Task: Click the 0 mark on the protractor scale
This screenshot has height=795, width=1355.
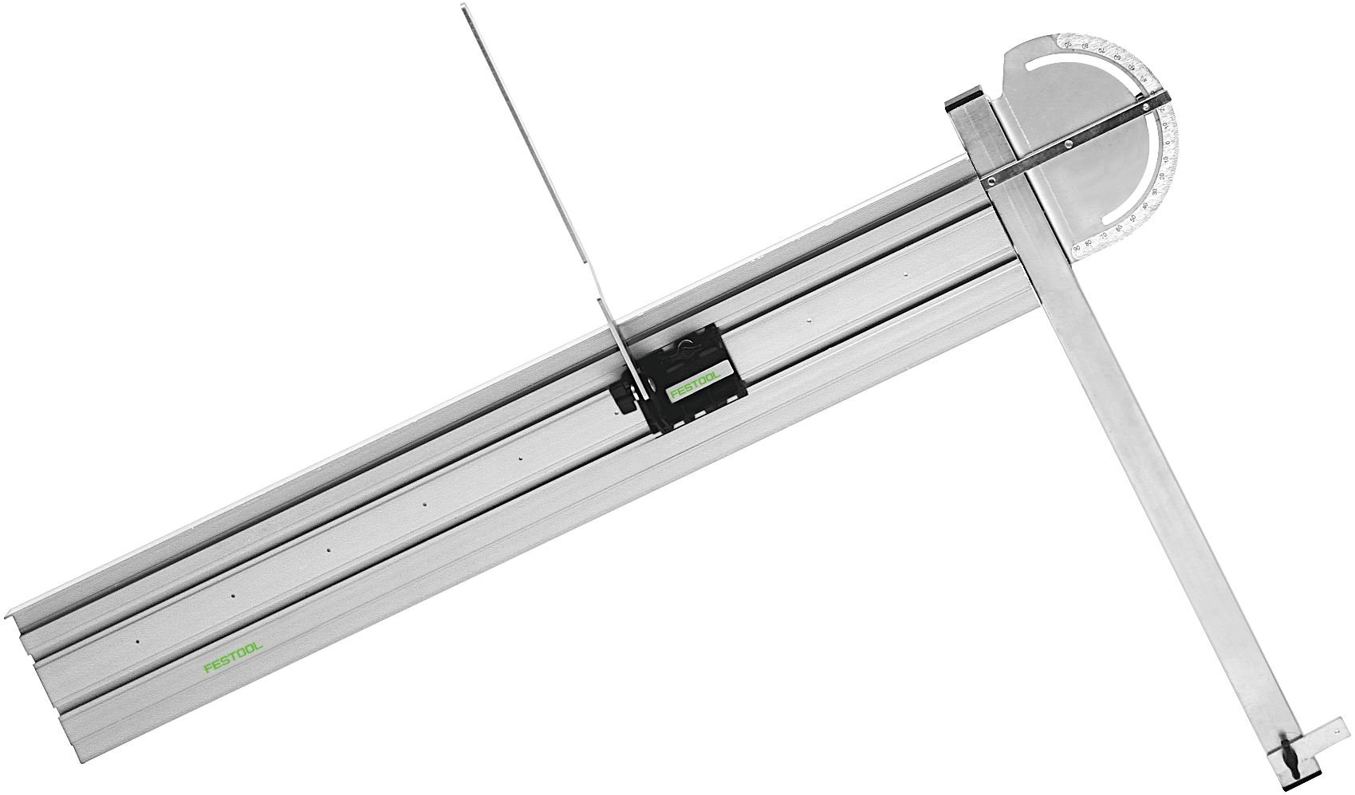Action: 1168,143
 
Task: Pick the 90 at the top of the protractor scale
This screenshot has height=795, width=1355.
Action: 1068,45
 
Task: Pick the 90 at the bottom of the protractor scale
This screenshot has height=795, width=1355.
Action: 1077,248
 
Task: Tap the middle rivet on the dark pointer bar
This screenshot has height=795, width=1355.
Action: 1068,144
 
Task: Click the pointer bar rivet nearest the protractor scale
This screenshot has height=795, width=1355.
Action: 1146,107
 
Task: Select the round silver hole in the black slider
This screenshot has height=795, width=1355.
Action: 652,384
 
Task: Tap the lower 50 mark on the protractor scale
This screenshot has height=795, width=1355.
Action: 1132,218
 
